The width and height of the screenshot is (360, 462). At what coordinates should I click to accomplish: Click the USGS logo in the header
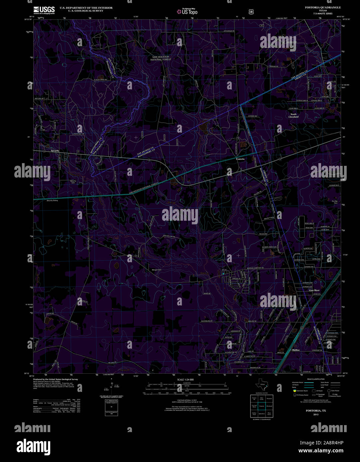tap(44, 10)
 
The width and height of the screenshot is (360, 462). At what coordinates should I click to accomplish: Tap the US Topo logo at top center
tap(187, 11)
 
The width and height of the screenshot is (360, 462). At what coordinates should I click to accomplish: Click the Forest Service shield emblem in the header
tap(251, 11)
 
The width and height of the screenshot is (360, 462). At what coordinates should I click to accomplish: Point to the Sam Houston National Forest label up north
tap(161, 58)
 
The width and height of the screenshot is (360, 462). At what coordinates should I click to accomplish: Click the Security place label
tap(55, 151)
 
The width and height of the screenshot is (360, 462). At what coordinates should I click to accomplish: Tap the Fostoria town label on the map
tap(240, 159)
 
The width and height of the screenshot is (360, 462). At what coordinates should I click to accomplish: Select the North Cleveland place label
tap(293, 116)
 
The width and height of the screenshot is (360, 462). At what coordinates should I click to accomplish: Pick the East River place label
tap(314, 290)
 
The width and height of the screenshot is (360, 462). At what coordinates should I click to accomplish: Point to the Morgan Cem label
tap(156, 270)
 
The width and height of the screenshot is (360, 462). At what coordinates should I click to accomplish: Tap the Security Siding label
tap(52, 201)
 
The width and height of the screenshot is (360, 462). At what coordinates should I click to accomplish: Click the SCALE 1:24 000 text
tap(185, 380)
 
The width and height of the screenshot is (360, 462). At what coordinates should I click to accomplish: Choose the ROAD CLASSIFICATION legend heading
tap(316, 379)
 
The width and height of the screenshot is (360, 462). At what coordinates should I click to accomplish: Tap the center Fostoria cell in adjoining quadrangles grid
tap(262, 406)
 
